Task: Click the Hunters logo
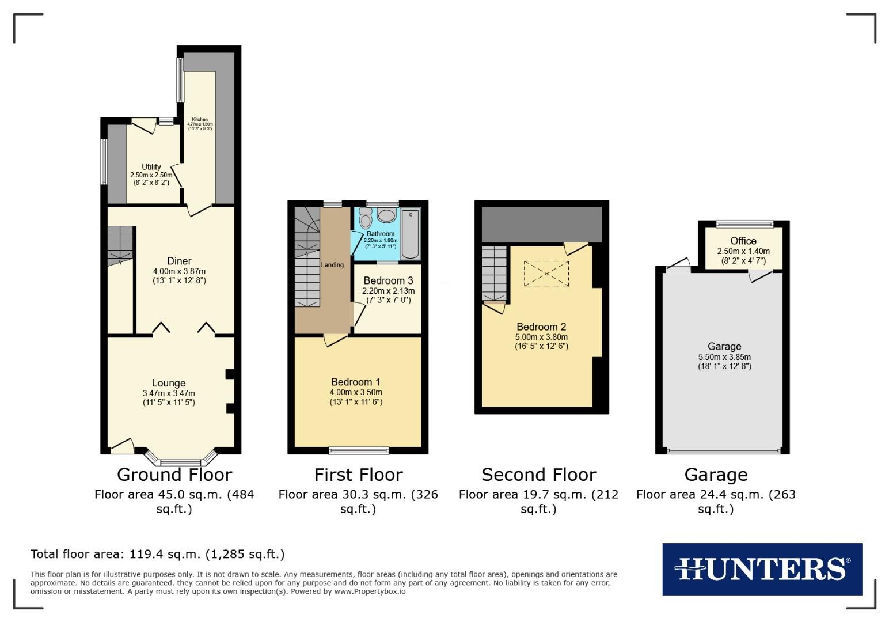click(762, 569)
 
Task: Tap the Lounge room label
click(169, 383)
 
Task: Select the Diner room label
click(179, 261)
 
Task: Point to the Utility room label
click(151, 167)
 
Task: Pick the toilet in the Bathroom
click(365, 218)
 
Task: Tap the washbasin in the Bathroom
click(386, 216)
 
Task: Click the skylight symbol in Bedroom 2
click(546, 274)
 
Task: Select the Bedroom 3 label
click(388, 281)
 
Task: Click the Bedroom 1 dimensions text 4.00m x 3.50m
click(356, 392)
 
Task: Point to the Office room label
click(743, 241)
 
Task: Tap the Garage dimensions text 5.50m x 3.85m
click(724, 356)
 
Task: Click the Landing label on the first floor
click(332, 265)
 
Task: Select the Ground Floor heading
click(174, 475)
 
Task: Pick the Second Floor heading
click(538, 475)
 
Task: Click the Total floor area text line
click(157, 554)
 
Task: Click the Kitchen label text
click(200, 119)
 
